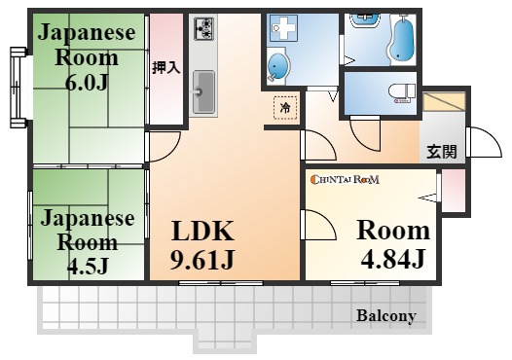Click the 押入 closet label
click(166, 67)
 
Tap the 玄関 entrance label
click(442, 152)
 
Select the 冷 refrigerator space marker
click(285, 107)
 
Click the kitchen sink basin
click(203, 91)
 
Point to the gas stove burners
click(203, 29)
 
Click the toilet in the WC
click(403, 92)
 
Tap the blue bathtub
click(403, 42)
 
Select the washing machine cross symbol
click(283, 28)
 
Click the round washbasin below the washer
click(277, 67)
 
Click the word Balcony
click(386, 315)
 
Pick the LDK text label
click(202, 231)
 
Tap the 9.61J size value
click(202, 259)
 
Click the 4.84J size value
click(393, 259)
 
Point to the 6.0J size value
click(87, 83)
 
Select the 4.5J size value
click(88, 266)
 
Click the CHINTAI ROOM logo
click(345, 179)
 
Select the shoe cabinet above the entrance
click(444, 102)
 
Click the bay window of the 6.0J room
click(18, 88)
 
